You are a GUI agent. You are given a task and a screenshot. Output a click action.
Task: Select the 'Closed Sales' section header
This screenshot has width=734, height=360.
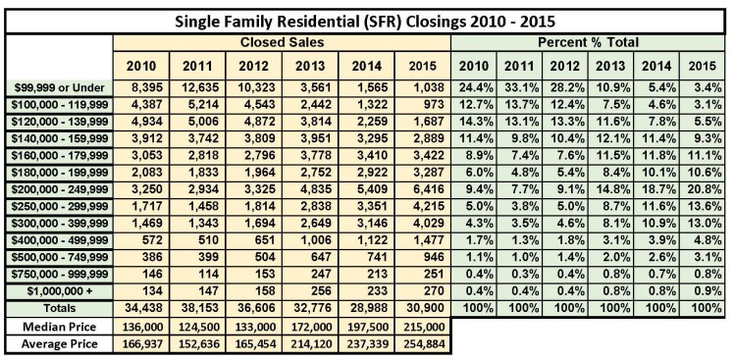tap(283, 44)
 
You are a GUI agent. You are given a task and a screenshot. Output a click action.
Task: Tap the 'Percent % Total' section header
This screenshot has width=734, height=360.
tap(590, 44)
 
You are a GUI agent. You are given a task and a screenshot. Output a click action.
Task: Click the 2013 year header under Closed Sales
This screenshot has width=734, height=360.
tap(311, 66)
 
